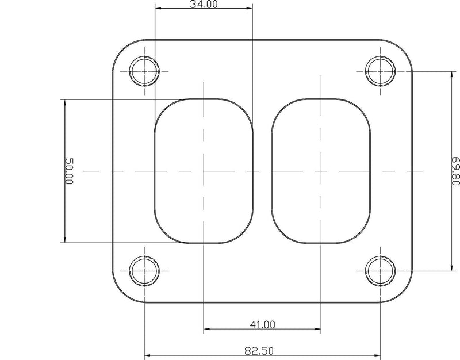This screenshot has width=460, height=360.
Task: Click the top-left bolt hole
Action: tap(144, 71)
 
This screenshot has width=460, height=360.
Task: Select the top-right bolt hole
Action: tap(380, 71)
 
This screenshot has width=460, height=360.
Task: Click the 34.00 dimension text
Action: tap(204, 5)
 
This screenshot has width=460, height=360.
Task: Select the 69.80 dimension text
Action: tap(455, 171)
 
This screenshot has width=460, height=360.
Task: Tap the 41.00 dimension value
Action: tap(262, 324)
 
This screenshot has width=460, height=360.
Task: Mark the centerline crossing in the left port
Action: tap(204, 171)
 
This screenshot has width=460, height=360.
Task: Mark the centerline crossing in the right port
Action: tap(320, 171)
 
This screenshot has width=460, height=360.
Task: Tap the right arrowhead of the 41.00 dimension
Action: tap(317, 330)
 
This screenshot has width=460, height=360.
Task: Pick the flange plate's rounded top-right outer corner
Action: tap(404, 48)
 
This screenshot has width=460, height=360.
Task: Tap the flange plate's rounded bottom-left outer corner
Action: tap(119, 293)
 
